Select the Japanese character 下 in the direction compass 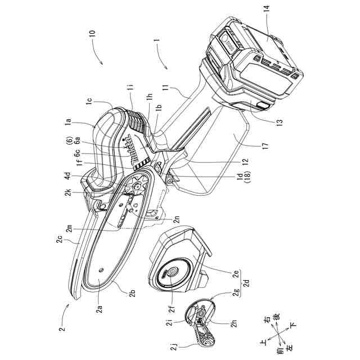[292, 325]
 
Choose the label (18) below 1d [239, 184]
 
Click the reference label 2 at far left [63, 329]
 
